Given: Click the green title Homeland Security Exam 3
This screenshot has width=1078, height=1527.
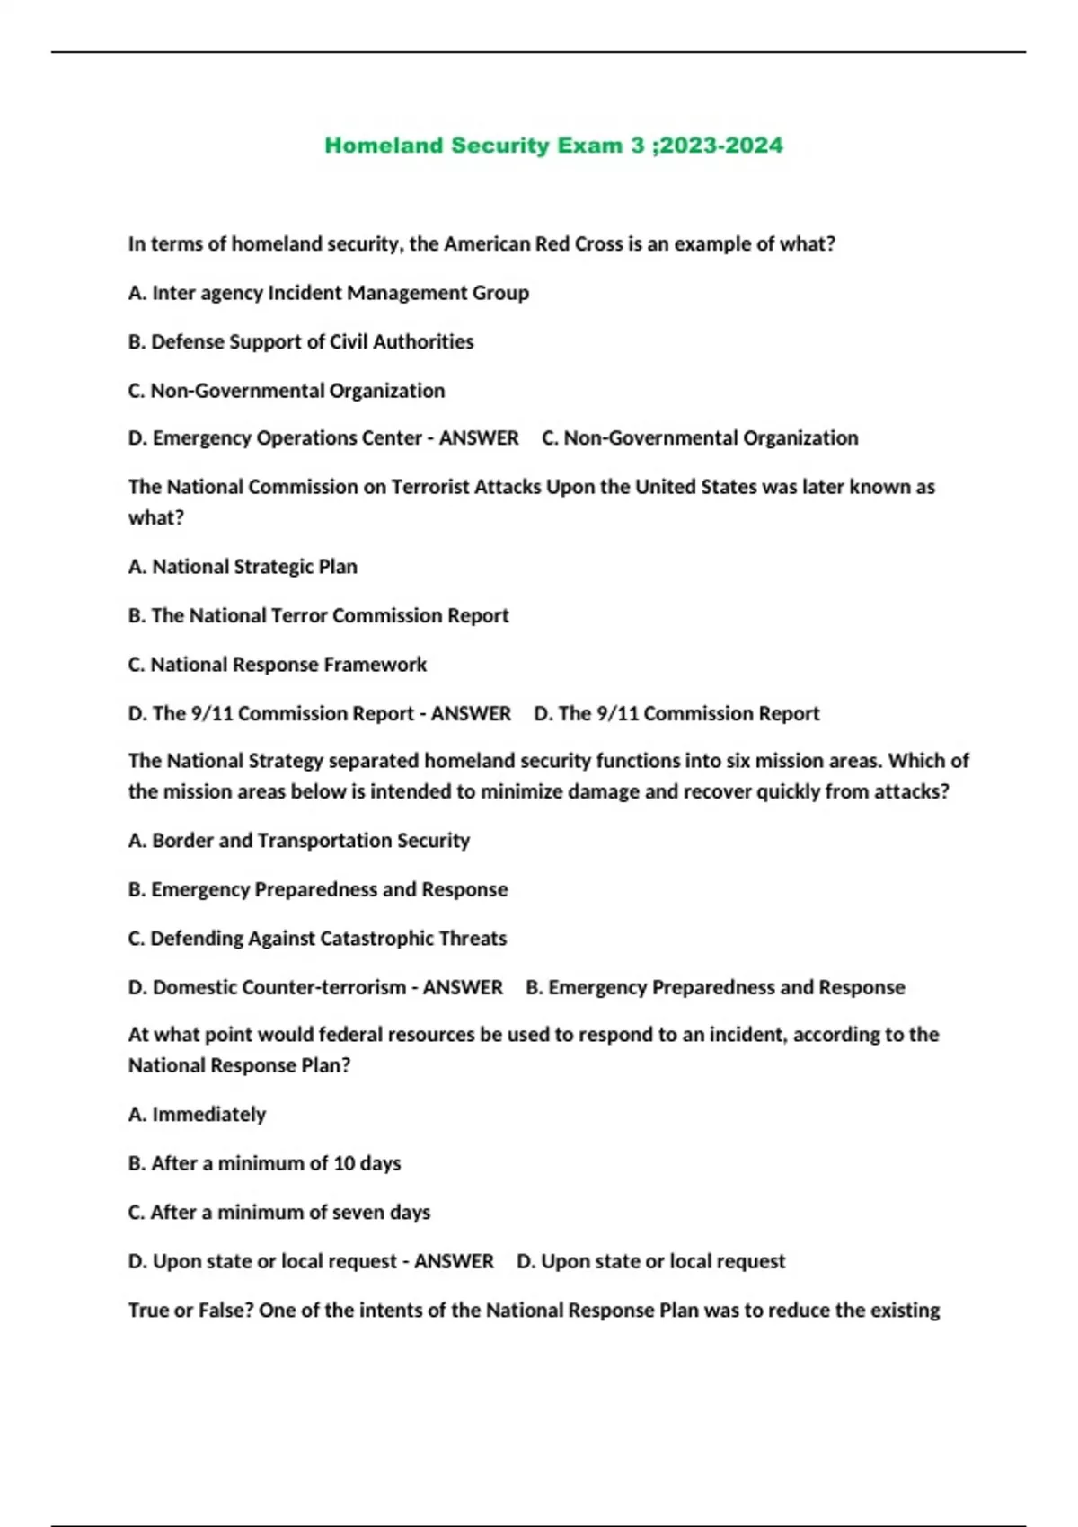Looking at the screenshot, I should (x=485, y=146).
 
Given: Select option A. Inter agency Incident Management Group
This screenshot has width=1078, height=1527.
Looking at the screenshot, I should (x=329, y=293).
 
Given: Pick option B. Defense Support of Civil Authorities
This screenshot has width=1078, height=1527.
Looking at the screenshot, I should (x=301, y=341).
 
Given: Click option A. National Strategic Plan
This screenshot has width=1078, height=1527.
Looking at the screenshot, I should (x=243, y=567).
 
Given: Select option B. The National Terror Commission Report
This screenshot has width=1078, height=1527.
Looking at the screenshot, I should (x=319, y=616).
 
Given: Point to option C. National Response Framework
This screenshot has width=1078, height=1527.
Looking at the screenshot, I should (x=278, y=665).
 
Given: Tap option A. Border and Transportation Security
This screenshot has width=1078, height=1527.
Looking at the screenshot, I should (x=299, y=841).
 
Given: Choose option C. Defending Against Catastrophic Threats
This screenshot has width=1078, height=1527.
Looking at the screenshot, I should (x=318, y=939).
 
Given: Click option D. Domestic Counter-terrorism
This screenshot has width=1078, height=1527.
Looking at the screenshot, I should (x=268, y=987).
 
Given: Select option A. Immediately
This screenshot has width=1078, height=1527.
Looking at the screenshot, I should (x=198, y=1115).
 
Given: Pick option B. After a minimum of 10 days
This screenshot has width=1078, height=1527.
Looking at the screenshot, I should (x=265, y=1163).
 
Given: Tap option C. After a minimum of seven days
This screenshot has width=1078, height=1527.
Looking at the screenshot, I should (x=279, y=1213).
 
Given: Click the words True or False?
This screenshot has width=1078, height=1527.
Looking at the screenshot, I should (x=190, y=1311).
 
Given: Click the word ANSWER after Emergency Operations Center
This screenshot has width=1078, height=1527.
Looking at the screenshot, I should (x=479, y=438).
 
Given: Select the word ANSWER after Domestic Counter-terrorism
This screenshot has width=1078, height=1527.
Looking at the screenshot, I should (x=463, y=987).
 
